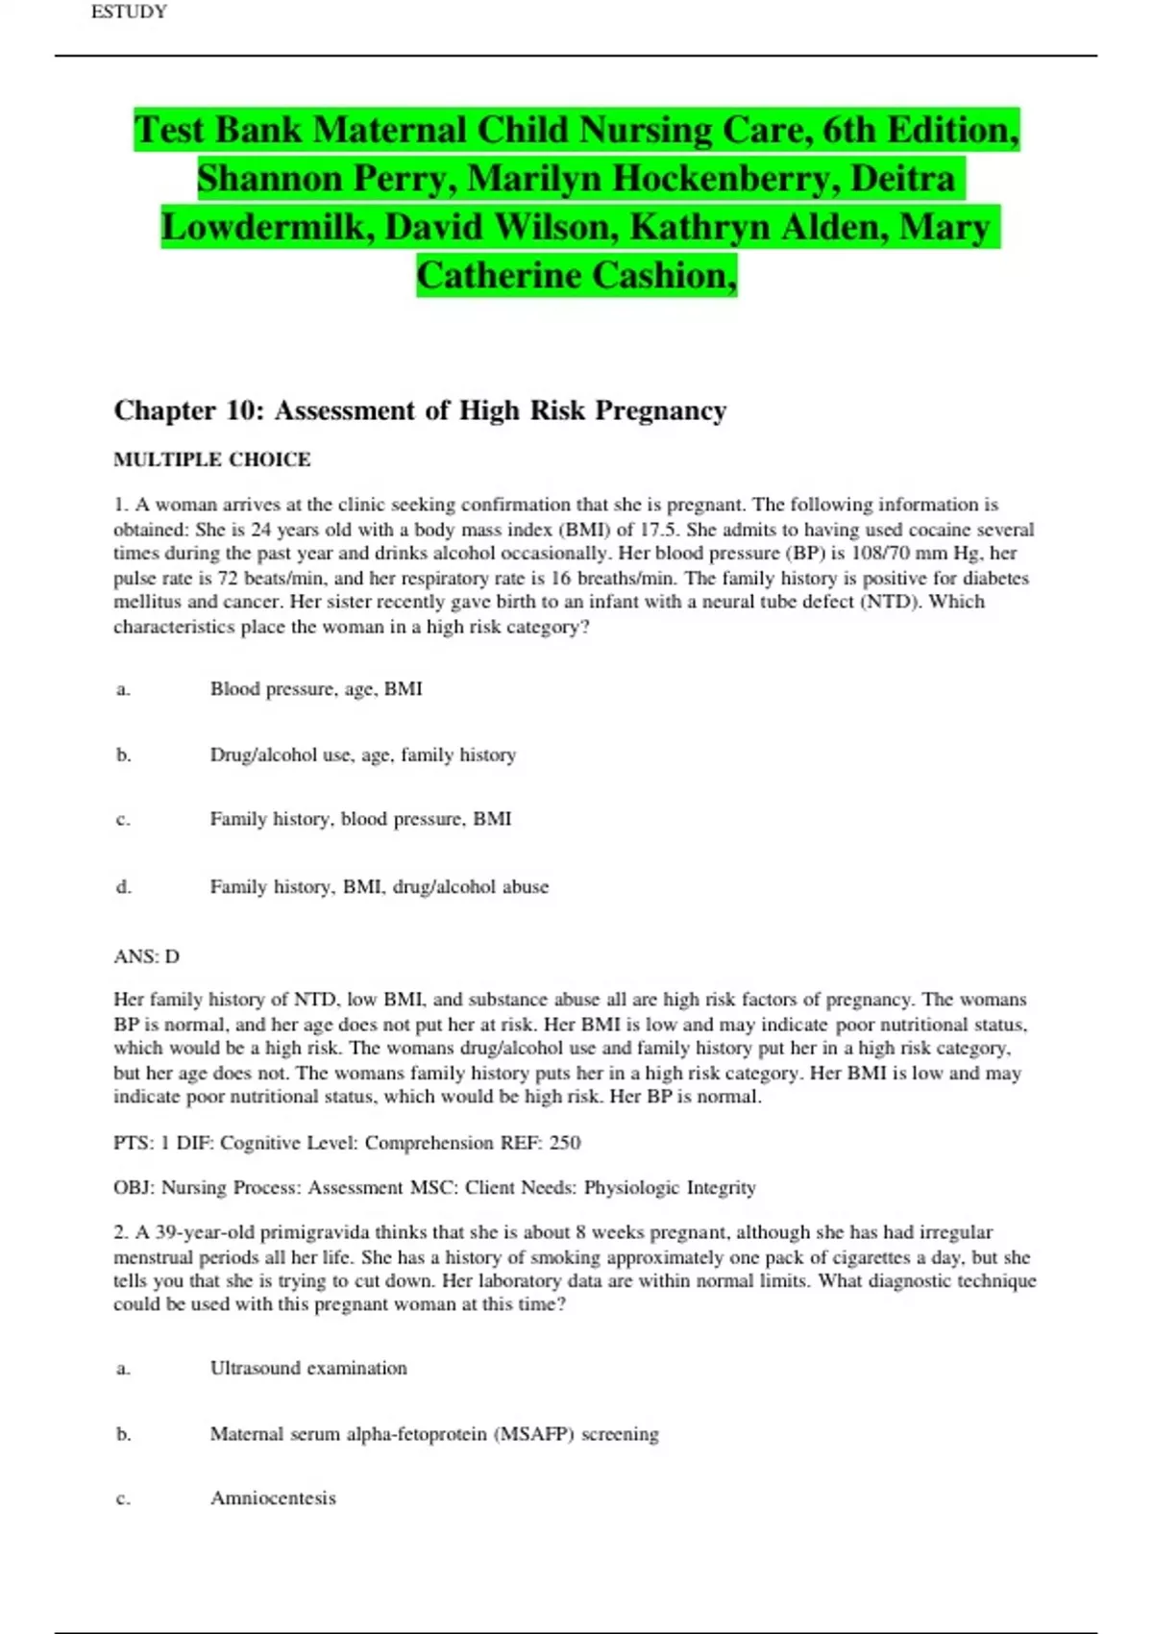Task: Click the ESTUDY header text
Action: pyautogui.click(x=129, y=12)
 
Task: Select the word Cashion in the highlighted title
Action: pyautogui.click(x=662, y=277)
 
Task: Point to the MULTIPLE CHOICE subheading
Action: pyautogui.click(x=212, y=459)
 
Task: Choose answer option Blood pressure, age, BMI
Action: pyautogui.click(x=316, y=689)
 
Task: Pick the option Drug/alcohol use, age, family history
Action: pyautogui.click(x=363, y=755)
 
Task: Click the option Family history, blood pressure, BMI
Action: pyautogui.click(x=360, y=819)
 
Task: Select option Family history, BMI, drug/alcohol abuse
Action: pyautogui.click(x=380, y=887)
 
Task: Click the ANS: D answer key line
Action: pyautogui.click(x=147, y=956)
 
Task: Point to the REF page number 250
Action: pyautogui.click(x=565, y=1143)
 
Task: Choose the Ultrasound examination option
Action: pyautogui.click(x=308, y=1368)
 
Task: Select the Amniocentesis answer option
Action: pyautogui.click(x=273, y=1498)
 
